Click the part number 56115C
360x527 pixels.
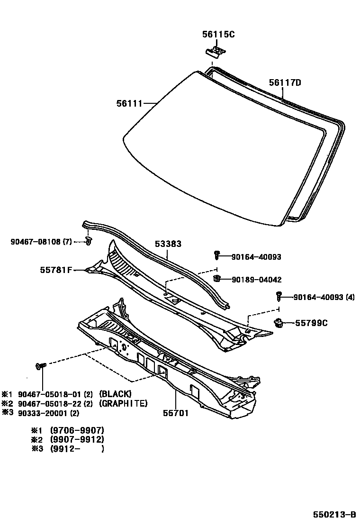[218, 35]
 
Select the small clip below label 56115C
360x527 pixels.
[216, 51]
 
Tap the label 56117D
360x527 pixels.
[285, 82]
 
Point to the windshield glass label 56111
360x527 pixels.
[129, 103]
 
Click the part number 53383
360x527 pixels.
[168, 244]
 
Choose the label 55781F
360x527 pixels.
[56, 270]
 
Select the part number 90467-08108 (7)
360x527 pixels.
[41, 242]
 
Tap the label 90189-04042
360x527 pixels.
[256, 280]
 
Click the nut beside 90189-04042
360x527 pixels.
[217, 278]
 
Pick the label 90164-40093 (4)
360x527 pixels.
[324, 298]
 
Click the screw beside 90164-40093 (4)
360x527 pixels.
[279, 296]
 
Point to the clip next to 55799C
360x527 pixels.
[279, 324]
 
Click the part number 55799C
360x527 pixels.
[312, 323]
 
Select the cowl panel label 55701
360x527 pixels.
[175, 413]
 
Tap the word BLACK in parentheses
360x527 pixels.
[115, 394]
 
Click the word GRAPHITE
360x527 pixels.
[123, 403]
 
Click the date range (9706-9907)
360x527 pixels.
[77, 430]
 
